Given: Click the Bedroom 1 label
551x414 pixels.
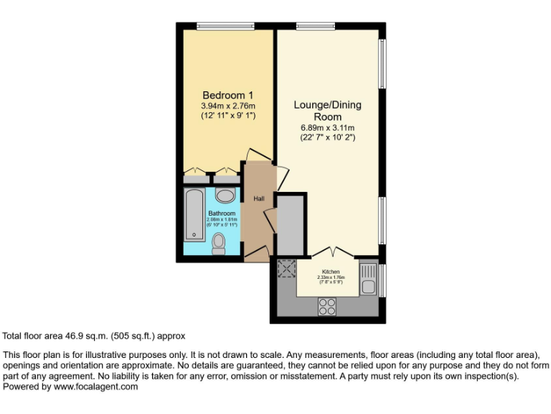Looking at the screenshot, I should [x=227, y=96].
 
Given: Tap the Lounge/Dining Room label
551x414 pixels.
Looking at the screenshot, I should [x=327, y=111].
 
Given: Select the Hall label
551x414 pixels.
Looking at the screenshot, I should [x=258, y=198].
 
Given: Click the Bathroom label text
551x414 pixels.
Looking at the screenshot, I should [x=222, y=213].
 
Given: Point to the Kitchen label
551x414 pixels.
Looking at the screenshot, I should [x=331, y=272].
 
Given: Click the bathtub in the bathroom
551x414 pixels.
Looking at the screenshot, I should [x=193, y=214].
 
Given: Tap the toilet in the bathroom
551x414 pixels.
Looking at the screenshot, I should [x=220, y=244].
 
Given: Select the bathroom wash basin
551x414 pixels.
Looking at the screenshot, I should [x=225, y=195].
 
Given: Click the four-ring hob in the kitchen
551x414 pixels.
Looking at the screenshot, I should [x=327, y=306].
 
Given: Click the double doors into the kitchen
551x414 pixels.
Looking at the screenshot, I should [x=332, y=252].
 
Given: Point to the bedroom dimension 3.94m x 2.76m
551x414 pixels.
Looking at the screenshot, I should [x=227, y=106].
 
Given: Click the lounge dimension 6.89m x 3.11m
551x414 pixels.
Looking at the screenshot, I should [x=327, y=128].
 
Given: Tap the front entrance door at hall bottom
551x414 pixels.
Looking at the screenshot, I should [x=257, y=252].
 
